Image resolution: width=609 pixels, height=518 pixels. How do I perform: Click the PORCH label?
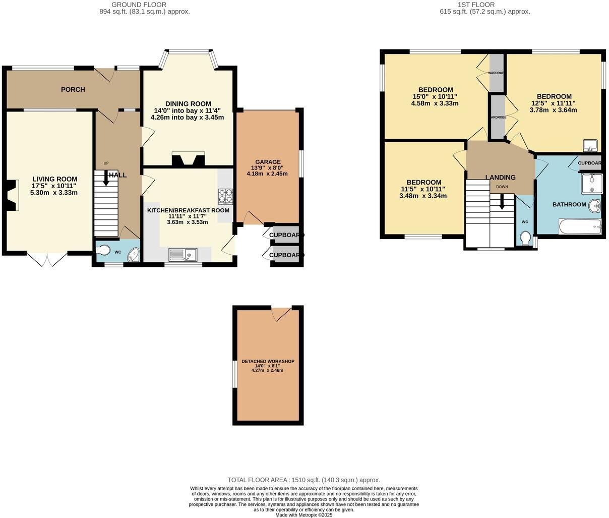click(73, 90)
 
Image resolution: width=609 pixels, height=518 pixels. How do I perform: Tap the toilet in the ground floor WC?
click(104, 249)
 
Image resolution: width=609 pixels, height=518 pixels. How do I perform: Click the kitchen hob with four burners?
click(224, 195)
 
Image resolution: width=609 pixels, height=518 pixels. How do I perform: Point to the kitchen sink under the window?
click(182, 255)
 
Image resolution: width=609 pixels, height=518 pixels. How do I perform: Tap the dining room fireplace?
click(188, 159)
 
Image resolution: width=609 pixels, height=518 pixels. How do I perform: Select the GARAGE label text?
click(267, 162)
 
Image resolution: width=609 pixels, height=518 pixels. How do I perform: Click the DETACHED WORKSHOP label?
click(268, 362)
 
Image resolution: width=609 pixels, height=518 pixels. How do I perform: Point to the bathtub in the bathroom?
click(580, 226)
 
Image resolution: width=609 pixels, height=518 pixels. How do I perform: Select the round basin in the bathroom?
click(596, 205)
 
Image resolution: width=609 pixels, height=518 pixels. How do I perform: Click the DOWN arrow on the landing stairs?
click(502, 202)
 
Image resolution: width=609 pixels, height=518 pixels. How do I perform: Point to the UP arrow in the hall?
click(106, 179)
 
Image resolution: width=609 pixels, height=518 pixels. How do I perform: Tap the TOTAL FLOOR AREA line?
click(303, 480)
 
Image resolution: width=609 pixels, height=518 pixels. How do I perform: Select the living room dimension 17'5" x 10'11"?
click(54, 186)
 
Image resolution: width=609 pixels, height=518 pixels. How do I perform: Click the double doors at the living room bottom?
click(46, 259)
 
